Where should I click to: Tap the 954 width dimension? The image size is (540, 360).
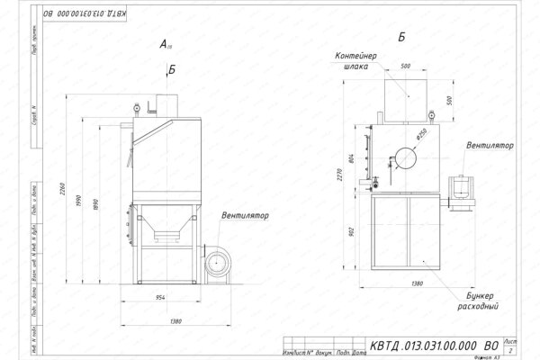pyautogui.click(x=163, y=296)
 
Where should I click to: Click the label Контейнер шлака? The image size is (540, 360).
pyautogui.click(x=362, y=60)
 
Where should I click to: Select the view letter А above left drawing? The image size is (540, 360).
pyautogui.click(x=163, y=44)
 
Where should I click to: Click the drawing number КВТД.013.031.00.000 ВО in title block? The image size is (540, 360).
pyautogui.click(x=421, y=345)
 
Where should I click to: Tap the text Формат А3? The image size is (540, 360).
pyautogui.click(x=508, y=355)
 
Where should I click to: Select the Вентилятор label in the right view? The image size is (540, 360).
pyautogui.click(x=490, y=144)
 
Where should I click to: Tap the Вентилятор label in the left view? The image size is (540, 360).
pyautogui.click(x=246, y=216)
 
